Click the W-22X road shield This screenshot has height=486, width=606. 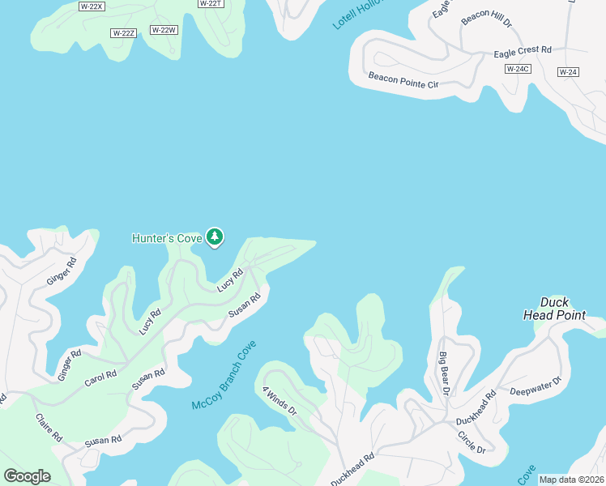[92, 6]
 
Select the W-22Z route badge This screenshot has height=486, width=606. [123, 32]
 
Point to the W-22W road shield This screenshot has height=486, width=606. [164, 30]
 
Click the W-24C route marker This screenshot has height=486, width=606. [517, 69]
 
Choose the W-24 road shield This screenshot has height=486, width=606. [568, 72]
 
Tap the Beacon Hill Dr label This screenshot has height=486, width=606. [486, 19]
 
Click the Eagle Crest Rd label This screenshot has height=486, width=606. [523, 51]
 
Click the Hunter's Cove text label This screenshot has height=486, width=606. [167, 238]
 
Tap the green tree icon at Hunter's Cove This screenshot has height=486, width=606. [215, 237]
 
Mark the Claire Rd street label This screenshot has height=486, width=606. [49, 427]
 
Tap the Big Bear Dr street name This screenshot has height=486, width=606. [444, 373]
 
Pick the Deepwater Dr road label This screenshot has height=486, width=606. [536, 386]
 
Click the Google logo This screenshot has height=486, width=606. [27, 476]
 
